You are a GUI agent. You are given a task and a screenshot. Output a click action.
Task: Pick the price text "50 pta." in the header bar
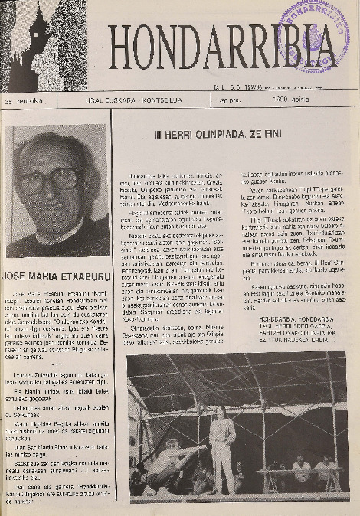(228, 101)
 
